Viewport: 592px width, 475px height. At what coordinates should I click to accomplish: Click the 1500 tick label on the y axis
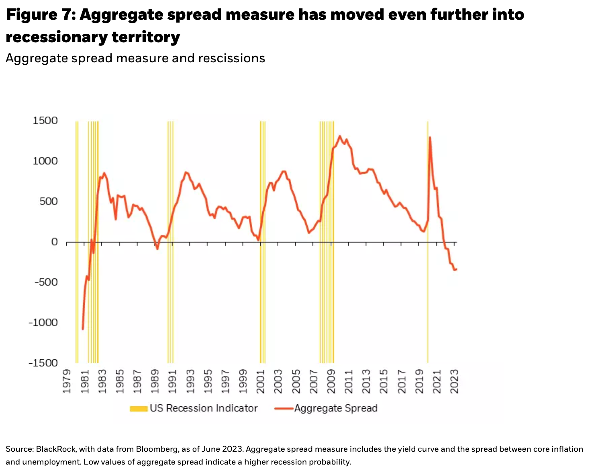[45, 121]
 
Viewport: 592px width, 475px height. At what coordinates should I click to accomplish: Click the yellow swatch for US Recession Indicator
[139, 409]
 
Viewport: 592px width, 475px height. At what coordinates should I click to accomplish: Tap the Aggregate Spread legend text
[336, 408]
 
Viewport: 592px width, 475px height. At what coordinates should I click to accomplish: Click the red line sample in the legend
[284, 409]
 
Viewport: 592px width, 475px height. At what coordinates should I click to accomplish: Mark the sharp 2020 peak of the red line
[430, 137]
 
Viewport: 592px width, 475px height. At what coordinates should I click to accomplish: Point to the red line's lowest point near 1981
[83, 329]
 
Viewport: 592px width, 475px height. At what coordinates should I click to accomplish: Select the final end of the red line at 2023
[456, 269]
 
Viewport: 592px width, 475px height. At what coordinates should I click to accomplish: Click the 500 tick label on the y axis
[49, 201]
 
